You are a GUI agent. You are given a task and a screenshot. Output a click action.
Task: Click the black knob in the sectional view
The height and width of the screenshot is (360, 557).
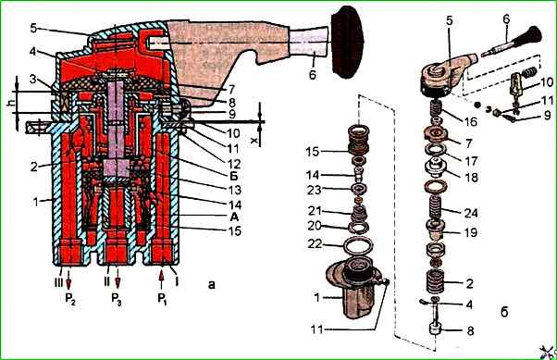(x=346, y=42)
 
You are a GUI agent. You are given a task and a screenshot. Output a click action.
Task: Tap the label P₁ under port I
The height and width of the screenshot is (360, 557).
(x=163, y=299)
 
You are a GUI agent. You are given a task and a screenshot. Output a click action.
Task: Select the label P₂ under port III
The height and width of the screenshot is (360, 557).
(x=70, y=299)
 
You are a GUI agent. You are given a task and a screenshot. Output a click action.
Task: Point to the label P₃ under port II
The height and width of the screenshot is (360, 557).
(x=117, y=299)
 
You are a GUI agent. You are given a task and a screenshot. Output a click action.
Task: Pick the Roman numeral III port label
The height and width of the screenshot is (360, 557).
(x=58, y=282)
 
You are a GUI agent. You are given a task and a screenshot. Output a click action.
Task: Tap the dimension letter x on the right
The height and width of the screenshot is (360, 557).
(x=254, y=141)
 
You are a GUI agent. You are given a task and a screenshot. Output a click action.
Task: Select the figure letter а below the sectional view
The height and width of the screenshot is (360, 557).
(x=211, y=284)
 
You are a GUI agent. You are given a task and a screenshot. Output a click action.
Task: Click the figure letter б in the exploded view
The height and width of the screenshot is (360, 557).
(x=504, y=312)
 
